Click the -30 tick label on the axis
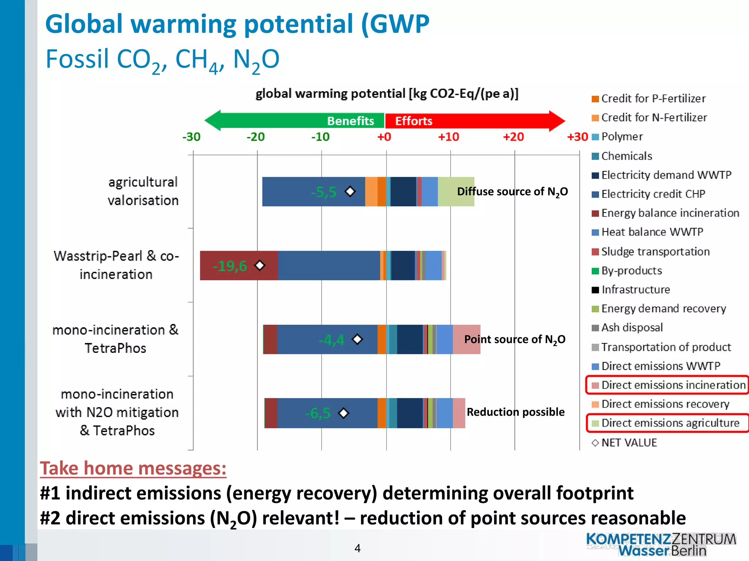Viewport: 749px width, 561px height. click(x=191, y=137)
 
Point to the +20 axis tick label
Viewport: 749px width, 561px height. click(x=513, y=137)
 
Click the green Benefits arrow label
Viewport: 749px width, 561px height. click(x=350, y=121)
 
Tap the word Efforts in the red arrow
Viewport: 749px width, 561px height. click(x=414, y=121)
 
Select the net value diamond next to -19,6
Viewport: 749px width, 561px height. click(x=260, y=265)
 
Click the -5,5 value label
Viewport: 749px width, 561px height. click(x=323, y=192)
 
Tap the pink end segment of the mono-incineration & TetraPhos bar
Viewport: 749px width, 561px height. click(x=466, y=339)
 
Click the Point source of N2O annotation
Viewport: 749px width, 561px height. click(x=515, y=340)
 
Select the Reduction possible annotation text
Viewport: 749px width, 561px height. click(x=515, y=412)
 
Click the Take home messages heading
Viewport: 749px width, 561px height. click(x=133, y=468)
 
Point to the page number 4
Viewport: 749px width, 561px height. click(x=357, y=548)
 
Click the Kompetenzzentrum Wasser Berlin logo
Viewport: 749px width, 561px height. click(x=661, y=544)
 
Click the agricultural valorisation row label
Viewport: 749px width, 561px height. click(x=143, y=191)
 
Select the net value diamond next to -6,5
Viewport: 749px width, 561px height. click(x=343, y=413)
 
